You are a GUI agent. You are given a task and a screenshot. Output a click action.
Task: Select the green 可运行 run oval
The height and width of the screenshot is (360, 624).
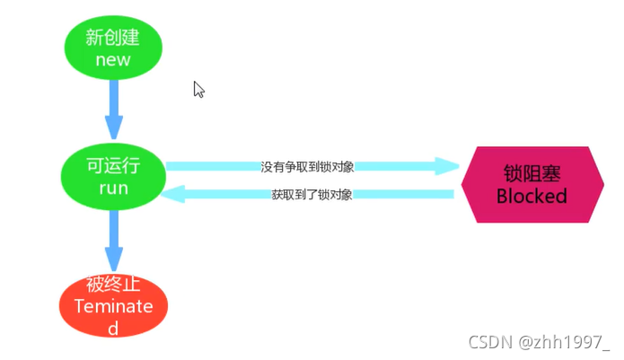click(113, 176)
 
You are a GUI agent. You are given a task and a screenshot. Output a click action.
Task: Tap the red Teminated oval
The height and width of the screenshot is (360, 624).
click(113, 305)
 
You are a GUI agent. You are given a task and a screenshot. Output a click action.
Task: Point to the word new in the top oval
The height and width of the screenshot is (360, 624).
click(113, 60)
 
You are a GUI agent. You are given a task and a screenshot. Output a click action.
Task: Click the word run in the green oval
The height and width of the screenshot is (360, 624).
click(113, 189)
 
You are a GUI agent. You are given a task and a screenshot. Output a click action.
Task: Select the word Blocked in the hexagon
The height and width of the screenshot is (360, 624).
click(532, 196)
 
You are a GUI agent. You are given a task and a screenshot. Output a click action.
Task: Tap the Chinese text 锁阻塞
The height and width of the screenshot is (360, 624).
click(532, 173)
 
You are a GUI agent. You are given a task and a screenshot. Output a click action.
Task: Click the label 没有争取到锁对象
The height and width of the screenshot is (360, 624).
click(307, 167)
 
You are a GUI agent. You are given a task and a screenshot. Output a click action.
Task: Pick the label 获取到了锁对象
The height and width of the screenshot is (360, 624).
click(311, 194)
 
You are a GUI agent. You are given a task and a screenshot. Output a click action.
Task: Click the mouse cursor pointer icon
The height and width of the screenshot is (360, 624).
click(198, 89)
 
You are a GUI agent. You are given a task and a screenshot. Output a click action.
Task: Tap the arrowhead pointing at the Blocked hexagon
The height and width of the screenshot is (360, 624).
click(447, 166)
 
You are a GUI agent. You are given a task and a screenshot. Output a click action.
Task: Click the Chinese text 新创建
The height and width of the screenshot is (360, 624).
click(113, 38)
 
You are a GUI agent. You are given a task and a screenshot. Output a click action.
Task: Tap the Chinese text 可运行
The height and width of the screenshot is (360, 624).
click(113, 166)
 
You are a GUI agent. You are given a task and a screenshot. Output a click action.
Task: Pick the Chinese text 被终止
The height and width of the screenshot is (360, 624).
click(113, 285)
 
